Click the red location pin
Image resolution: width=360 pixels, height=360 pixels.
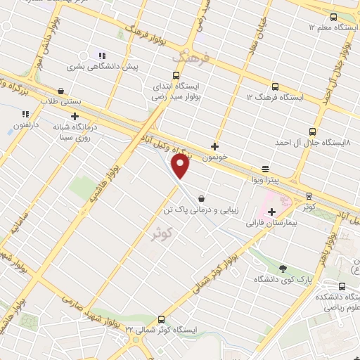[x=181, y=167]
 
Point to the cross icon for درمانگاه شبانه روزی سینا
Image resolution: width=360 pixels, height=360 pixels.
[x=75, y=116]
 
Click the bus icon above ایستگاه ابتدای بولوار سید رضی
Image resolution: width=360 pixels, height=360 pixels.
[x=175, y=77]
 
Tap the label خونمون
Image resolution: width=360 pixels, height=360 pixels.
[x=217, y=157]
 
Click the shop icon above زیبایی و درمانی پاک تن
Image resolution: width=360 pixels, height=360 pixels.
[x=202, y=198]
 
